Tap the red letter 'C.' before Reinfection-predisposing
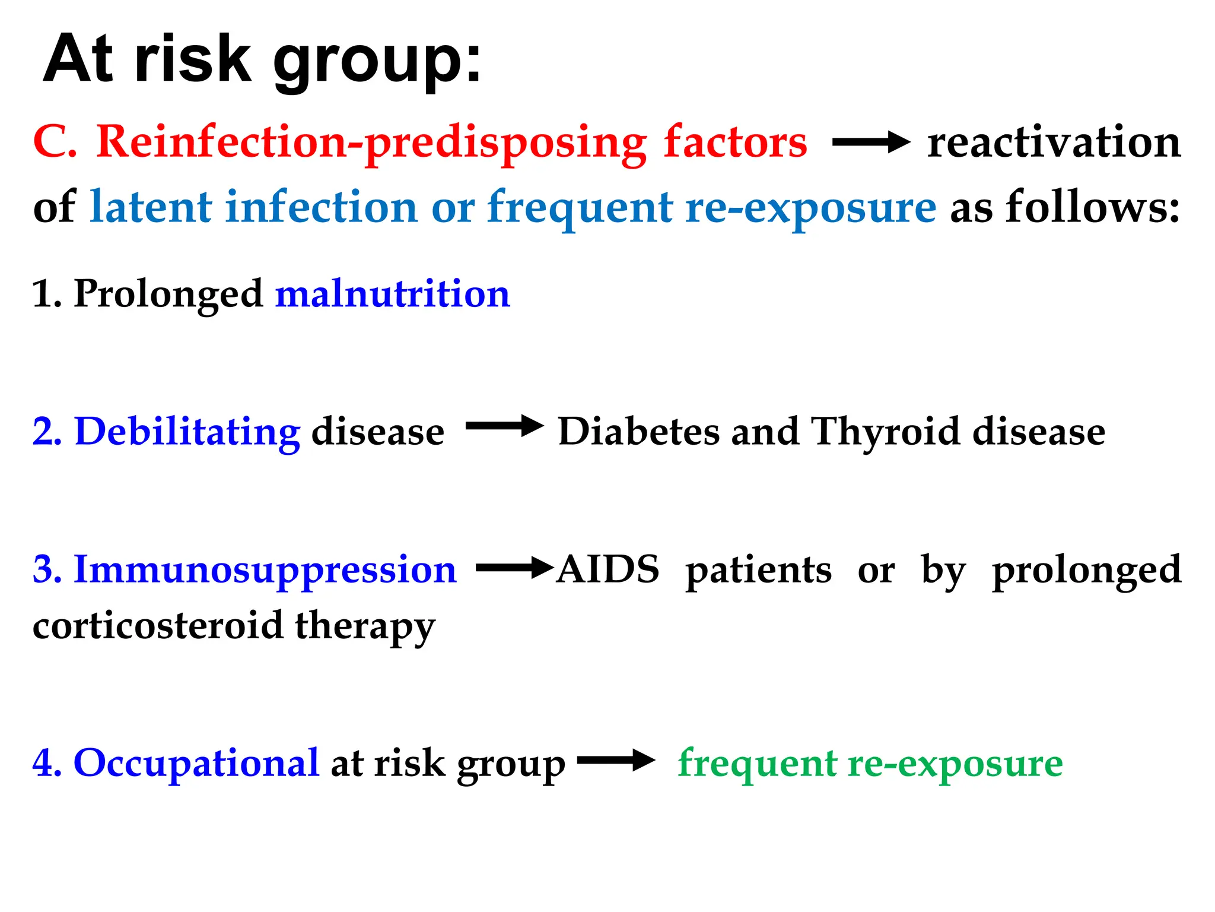55,142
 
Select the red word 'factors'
735,142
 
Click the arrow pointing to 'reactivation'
870,142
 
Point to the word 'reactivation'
1054,142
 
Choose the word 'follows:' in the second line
1092,207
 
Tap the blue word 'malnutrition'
392,294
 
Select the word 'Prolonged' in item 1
168,295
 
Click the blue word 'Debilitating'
187,432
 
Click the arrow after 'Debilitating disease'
504,426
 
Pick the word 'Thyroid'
885,432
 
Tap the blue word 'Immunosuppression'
265,571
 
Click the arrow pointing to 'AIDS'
514,568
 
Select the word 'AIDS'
608,569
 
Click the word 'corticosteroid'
158,626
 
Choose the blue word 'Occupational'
196,763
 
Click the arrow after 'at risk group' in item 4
615,760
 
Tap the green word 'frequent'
758,763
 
